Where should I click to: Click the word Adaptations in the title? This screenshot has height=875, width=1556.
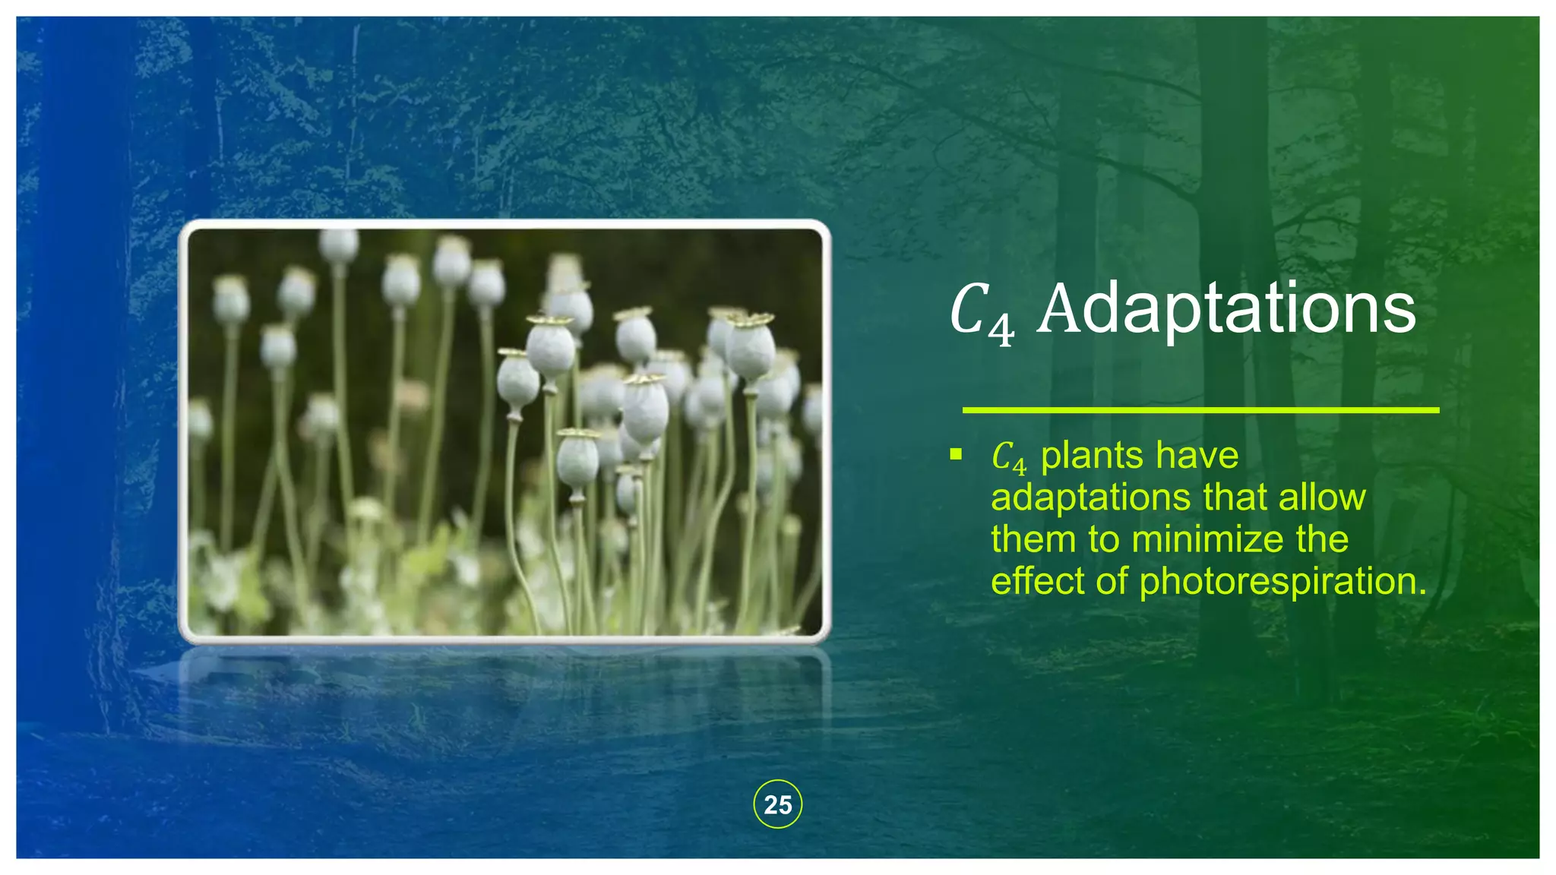click(x=1226, y=309)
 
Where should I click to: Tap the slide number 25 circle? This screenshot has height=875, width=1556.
click(x=777, y=804)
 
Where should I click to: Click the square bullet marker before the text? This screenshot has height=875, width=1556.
click(x=956, y=455)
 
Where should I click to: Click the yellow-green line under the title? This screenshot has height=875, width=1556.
click(x=1200, y=410)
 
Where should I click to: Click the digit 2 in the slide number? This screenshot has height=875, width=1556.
click(x=770, y=805)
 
